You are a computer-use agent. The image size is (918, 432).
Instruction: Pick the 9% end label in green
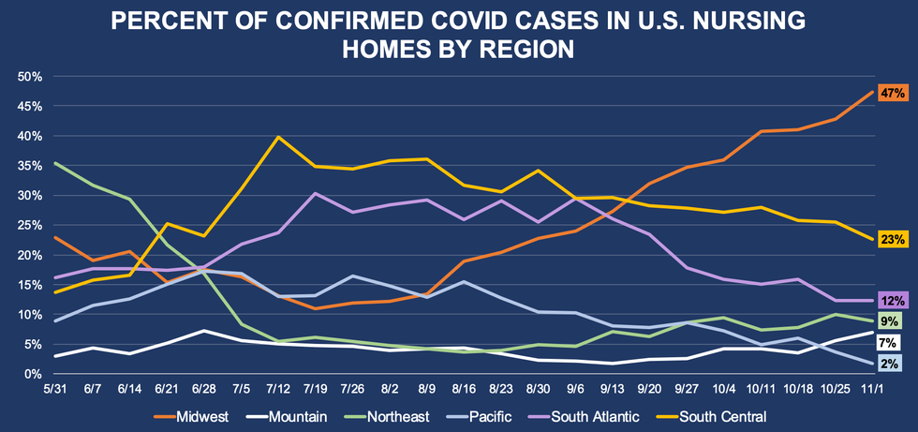tap(888, 321)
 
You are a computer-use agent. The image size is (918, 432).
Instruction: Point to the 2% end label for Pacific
tap(888, 364)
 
